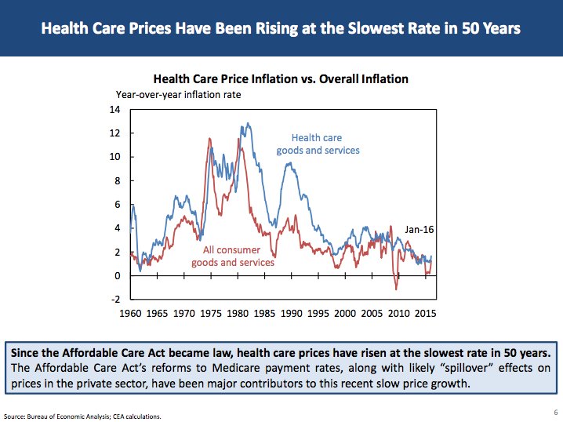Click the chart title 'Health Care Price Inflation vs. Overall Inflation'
[281, 79]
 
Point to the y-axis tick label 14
[114, 109]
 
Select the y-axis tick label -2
[114, 300]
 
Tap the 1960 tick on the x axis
[130, 312]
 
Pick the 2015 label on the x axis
[426, 312]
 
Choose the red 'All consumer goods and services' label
[238, 256]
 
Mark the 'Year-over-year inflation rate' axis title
[179, 94]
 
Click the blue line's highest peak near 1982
[248, 123]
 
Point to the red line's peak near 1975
[209, 139]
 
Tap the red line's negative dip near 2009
[396, 289]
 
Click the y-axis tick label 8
[117, 180]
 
